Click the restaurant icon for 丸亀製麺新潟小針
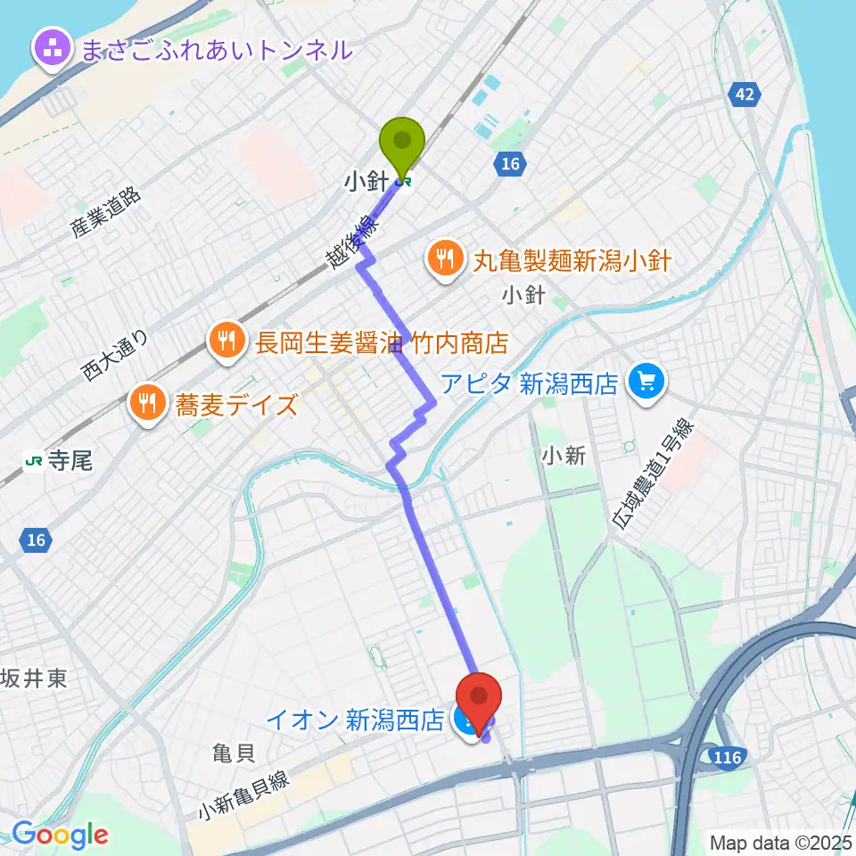tap(444, 260)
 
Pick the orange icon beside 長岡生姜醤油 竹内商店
tap(226, 341)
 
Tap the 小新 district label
tap(564, 456)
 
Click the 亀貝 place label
tap(235, 753)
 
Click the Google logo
tap(61, 835)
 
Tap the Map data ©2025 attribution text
tap(778, 842)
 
